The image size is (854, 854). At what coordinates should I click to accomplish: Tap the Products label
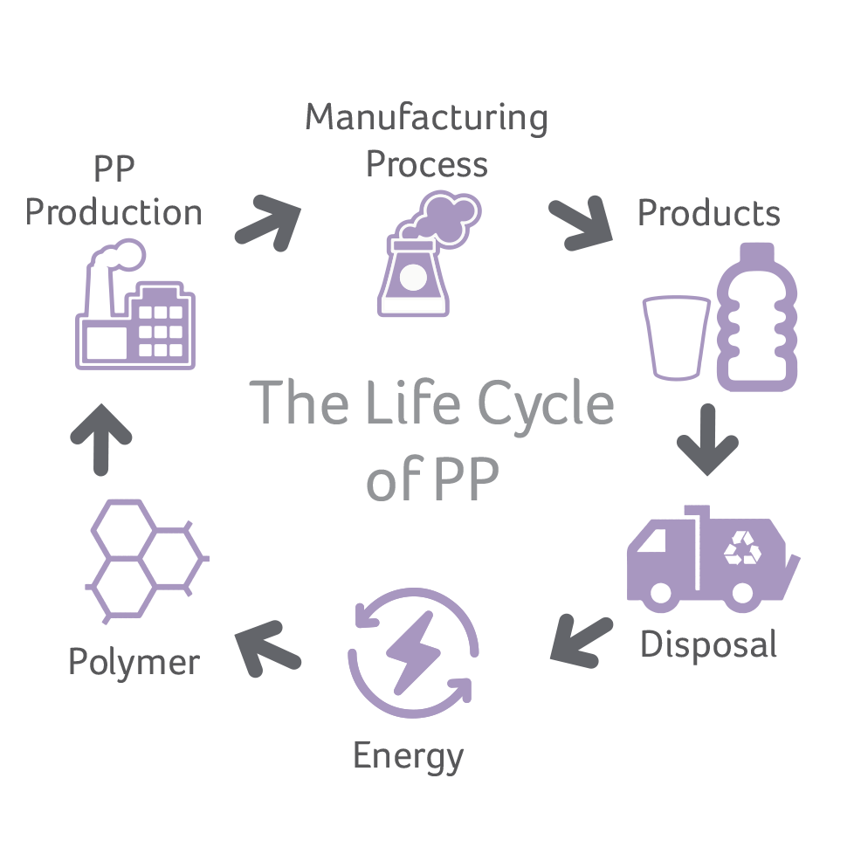pyautogui.click(x=708, y=213)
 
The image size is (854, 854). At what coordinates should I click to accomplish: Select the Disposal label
pyautogui.click(x=708, y=644)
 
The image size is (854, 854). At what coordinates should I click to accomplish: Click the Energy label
pyautogui.click(x=408, y=755)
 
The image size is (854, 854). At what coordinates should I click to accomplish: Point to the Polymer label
pyautogui.click(x=134, y=662)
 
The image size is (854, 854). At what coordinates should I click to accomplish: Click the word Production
pyautogui.click(x=114, y=213)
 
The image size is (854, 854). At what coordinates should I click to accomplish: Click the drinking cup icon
pyautogui.click(x=676, y=337)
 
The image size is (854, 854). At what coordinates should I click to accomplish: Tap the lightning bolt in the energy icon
pyautogui.click(x=412, y=651)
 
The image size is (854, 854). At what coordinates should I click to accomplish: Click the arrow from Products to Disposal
pyautogui.click(x=707, y=438)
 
